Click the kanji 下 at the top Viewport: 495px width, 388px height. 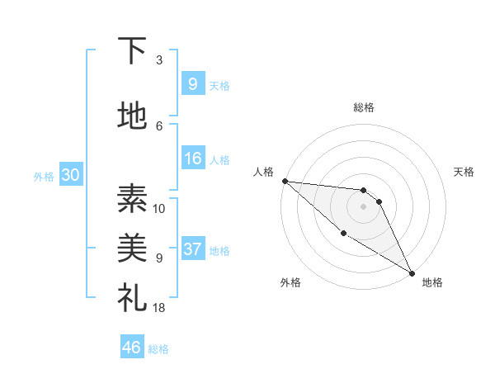tap(132, 51)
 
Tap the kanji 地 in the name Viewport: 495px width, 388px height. tap(132, 116)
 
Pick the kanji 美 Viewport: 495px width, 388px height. tap(132, 248)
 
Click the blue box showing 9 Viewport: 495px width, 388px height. tap(192, 84)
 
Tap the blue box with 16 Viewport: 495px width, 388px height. tap(192, 159)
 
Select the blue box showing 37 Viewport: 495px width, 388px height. tap(192, 249)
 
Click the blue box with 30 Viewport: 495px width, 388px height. tap(69, 176)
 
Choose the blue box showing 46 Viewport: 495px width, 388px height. tap(131, 348)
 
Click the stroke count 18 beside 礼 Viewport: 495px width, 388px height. tap(159, 308)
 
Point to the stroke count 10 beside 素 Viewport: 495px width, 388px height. tap(159, 208)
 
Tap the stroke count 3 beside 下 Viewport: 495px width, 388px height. tap(159, 60)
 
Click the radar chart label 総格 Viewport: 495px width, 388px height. tap(364, 107)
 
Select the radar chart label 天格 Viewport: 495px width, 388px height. tap(464, 172)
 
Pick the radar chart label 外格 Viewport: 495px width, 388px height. tap(290, 282)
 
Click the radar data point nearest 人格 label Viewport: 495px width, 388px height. tap(285, 181)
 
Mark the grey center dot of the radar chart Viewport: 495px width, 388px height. tap(364, 206)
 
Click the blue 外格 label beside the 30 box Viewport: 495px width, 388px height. tap(44, 177)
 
